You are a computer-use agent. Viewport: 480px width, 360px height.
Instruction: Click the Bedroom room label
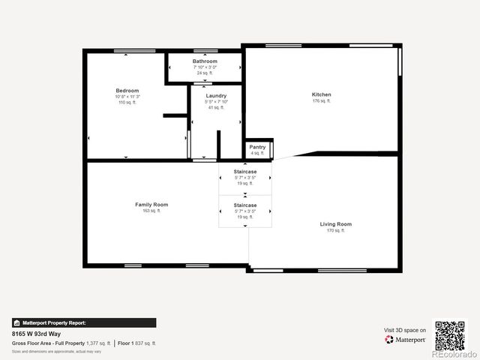127,91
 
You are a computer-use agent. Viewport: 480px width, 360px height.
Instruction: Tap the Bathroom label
205,61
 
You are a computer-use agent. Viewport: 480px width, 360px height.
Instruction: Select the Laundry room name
216,96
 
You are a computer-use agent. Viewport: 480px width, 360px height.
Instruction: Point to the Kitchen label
322,94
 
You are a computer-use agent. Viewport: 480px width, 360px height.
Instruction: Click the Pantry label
257,147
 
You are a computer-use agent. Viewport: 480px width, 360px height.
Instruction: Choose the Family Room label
151,205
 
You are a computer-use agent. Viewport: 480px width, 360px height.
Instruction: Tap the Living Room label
335,224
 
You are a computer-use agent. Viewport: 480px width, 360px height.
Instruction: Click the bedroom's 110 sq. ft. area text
127,102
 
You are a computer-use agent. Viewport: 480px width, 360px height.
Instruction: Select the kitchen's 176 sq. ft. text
322,100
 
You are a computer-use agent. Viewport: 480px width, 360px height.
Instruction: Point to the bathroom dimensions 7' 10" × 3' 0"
205,67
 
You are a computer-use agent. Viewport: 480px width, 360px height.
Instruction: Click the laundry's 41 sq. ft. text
216,107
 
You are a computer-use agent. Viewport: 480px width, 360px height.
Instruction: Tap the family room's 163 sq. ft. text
151,211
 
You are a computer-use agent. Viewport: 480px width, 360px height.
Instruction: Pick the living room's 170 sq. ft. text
335,230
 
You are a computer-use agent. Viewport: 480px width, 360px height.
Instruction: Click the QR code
450,335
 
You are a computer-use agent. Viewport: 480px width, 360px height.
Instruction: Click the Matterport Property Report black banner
84,322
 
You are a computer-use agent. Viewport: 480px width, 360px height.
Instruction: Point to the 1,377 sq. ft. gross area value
98,343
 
